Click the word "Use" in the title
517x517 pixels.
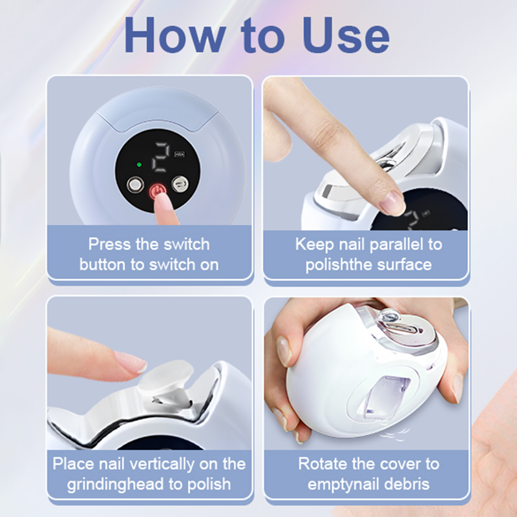point(346,35)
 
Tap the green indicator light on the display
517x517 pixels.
point(139,165)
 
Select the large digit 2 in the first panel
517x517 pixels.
point(161,157)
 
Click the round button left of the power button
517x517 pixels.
point(135,185)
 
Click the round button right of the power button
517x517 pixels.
point(180,184)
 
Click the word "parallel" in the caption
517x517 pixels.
point(396,244)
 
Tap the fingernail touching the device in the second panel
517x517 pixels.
point(392,202)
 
